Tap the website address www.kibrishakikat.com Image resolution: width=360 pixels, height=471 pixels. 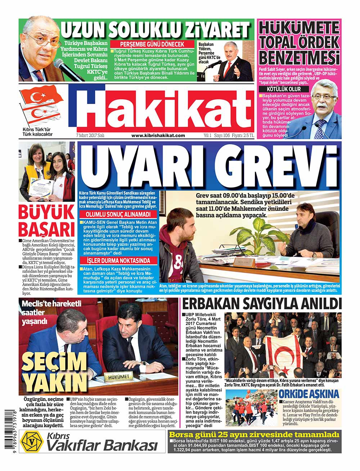click(x=158, y=136)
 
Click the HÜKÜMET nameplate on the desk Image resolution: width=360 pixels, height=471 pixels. click(x=118, y=376)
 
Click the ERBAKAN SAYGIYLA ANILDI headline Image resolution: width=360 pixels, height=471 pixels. click(x=261, y=304)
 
